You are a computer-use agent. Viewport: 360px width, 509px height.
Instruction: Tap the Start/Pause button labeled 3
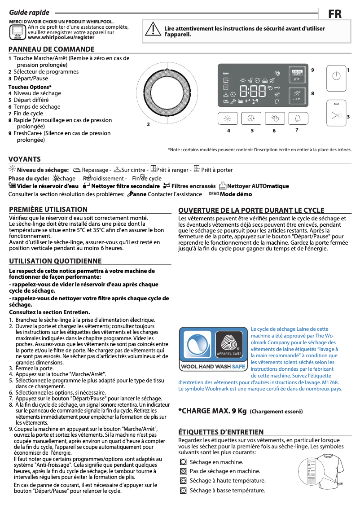click(336, 116)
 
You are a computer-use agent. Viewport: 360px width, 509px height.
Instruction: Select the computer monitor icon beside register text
click(18, 31)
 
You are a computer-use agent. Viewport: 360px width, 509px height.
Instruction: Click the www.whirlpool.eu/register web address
click(61, 38)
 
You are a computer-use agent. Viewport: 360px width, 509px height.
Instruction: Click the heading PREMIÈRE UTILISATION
click(48, 210)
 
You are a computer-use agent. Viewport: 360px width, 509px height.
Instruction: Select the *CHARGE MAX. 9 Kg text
click(212, 411)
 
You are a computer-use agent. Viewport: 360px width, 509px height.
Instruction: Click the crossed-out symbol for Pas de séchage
click(183, 471)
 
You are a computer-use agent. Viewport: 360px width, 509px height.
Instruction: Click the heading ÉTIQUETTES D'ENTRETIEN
click(221, 432)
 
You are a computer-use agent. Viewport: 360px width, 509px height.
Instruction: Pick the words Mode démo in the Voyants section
click(236, 194)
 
